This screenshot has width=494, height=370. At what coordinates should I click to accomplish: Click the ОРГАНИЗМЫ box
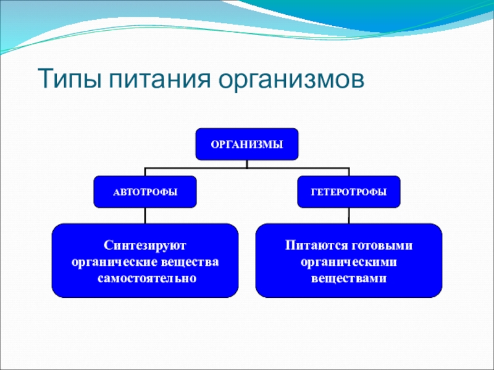tap(247, 144)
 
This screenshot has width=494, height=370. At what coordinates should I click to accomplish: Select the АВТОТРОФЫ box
tap(145, 192)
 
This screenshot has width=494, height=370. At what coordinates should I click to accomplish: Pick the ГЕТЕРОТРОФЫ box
tap(349, 192)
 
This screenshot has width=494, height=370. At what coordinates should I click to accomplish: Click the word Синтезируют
tap(145, 246)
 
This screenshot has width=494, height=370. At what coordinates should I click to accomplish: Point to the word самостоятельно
tap(145, 277)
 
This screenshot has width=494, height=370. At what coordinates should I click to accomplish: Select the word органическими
tap(349, 262)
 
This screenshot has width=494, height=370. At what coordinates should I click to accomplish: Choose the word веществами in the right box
tap(349, 277)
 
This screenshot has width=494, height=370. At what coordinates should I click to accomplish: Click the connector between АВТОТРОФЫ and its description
tap(145, 216)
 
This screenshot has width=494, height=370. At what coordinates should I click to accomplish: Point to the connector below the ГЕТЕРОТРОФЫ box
tap(349, 216)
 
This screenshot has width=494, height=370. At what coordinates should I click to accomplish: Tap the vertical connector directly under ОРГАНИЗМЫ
tap(247, 163)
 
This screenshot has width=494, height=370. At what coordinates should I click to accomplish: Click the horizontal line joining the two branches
tap(198, 167)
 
